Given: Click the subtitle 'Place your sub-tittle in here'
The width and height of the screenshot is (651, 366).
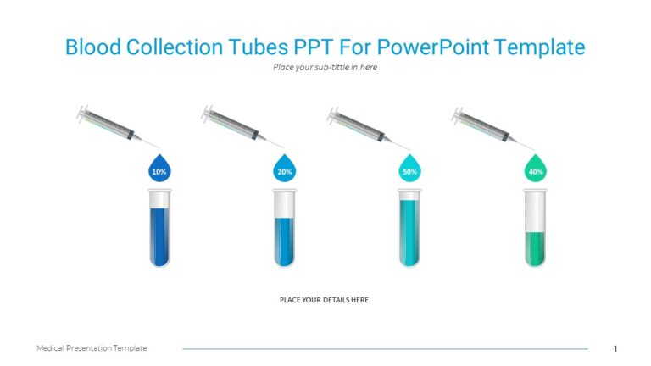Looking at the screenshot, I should [325, 68].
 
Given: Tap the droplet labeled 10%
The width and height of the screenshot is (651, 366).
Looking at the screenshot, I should [159, 169].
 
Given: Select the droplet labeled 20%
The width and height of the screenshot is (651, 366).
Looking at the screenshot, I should [285, 169].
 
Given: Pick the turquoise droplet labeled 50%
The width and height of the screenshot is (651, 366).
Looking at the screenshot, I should [409, 169].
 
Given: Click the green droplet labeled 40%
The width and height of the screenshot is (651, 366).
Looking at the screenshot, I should [536, 169].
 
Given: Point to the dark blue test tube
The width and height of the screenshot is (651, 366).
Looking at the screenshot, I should [159, 233].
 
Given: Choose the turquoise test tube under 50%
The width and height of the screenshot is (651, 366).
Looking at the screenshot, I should [409, 233].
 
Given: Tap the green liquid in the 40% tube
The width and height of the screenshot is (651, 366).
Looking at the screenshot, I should [535, 247].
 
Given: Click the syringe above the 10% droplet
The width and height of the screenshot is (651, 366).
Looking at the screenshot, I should [108, 124].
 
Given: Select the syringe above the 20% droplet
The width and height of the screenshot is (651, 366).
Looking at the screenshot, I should [235, 124].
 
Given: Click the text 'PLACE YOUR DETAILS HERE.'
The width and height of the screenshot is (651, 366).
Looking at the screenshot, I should [325, 300].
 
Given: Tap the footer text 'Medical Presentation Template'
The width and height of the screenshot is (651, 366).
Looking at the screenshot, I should [92, 348].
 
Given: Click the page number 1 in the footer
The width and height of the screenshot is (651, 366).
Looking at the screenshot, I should [615, 348].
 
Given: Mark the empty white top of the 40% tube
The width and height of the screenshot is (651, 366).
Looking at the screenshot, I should [535, 212].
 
